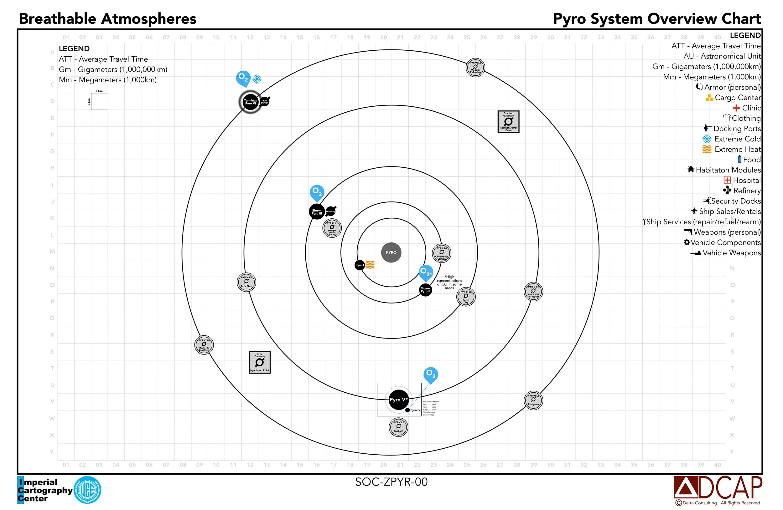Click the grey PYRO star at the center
(x=391, y=252)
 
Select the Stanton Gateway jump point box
(x=508, y=122)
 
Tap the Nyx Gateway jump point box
(x=260, y=362)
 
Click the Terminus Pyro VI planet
(x=250, y=102)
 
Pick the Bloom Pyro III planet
(x=317, y=212)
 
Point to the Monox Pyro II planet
(x=425, y=290)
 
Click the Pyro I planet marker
(x=359, y=265)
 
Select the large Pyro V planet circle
(x=398, y=400)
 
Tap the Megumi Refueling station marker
(x=475, y=68)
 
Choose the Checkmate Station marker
(x=442, y=253)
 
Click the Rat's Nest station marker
(x=246, y=282)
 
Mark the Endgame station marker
(x=533, y=400)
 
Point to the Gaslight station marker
(x=398, y=427)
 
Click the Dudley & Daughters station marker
(x=204, y=345)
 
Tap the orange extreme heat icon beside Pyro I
(x=370, y=265)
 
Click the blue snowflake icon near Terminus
(x=257, y=79)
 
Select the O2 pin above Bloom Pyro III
(x=317, y=192)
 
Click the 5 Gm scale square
(x=99, y=102)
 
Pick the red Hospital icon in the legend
(x=727, y=180)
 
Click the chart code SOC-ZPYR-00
(x=391, y=482)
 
